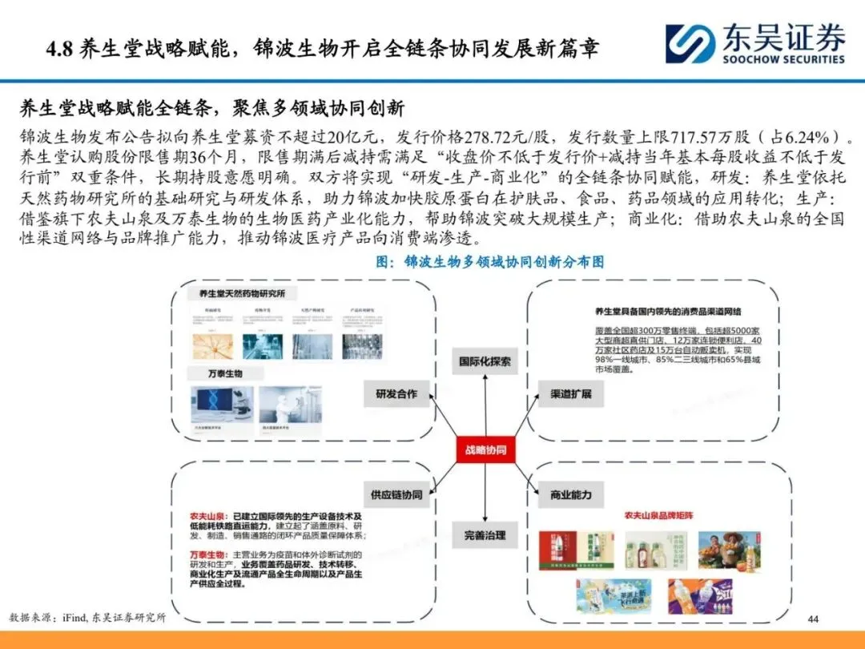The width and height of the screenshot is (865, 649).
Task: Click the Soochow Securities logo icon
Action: pos(690,44)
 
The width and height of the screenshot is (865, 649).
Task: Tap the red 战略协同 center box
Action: pos(485,449)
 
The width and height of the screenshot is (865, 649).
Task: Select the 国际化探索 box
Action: pos(485,361)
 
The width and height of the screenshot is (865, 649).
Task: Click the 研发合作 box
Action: pos(396,394)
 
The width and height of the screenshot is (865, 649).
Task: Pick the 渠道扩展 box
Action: pos(571,394)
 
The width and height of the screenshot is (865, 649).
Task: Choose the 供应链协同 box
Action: pos(396,494)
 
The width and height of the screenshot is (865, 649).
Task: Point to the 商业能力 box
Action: pos(571,494)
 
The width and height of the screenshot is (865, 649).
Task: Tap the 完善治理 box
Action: pos(485,534)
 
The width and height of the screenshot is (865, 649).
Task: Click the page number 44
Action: pos(814,619)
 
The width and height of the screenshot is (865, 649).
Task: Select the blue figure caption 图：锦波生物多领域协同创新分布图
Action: pos(489,262)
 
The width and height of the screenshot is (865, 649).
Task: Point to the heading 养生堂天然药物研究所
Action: pos(242,293)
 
